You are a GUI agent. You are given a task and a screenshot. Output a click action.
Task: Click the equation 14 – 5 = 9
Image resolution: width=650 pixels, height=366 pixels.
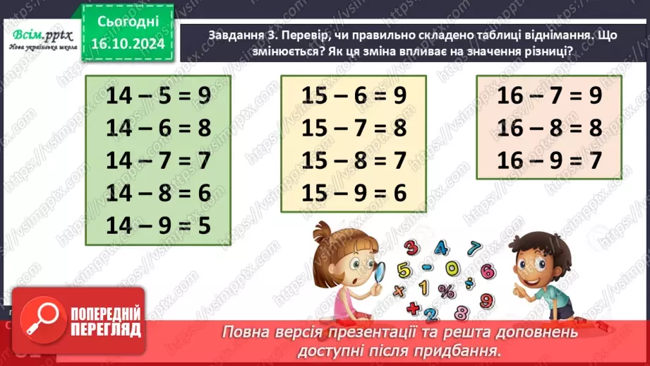coord(159,96)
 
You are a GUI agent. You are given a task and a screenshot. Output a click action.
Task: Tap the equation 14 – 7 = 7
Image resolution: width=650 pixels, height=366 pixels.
coord(159,160)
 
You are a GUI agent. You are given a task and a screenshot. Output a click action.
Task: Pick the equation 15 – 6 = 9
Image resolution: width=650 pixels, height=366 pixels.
coord(354,96)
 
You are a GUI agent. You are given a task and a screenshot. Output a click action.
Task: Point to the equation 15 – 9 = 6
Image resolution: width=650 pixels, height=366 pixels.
coord(354,192)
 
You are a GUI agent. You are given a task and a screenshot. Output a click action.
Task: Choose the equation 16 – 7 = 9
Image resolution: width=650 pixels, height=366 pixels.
coord(549,96)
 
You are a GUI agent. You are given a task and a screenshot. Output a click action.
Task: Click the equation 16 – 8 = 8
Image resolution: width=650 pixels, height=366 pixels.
coord(549,128)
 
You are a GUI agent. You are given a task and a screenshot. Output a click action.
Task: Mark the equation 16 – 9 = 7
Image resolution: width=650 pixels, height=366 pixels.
coord(549,160)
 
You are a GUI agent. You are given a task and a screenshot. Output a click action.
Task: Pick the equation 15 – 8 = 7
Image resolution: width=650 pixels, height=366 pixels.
coord(354,160)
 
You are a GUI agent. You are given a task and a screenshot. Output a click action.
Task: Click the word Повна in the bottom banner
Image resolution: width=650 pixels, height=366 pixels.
coord(245,331)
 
